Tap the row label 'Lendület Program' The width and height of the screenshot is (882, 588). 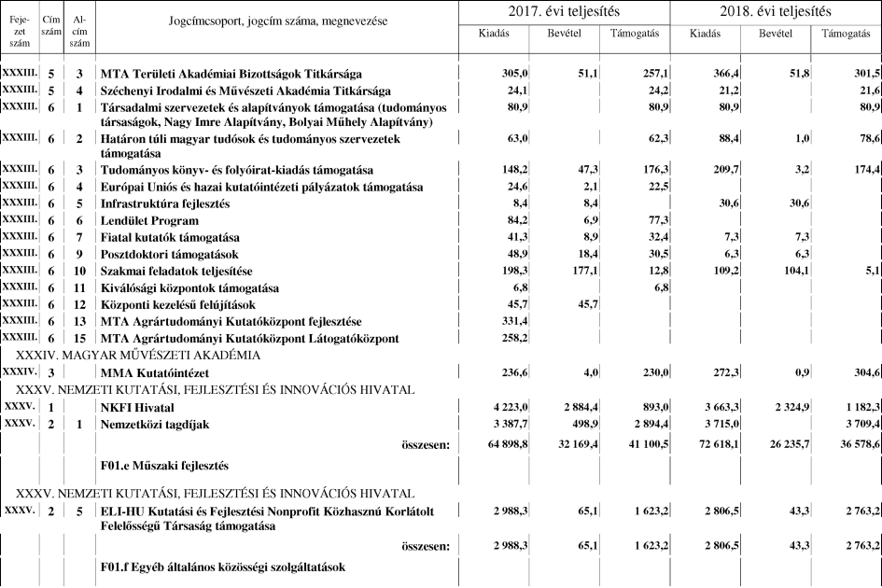point(149,221)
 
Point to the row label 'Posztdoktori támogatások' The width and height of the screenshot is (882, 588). point(169,255)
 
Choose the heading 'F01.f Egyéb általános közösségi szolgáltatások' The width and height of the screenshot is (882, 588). point(223,567)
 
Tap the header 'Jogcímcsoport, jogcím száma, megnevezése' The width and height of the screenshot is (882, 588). point(278,21)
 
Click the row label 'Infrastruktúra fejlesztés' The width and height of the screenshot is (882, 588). point(165,203)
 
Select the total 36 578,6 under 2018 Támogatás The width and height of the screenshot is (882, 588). point(848,444)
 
